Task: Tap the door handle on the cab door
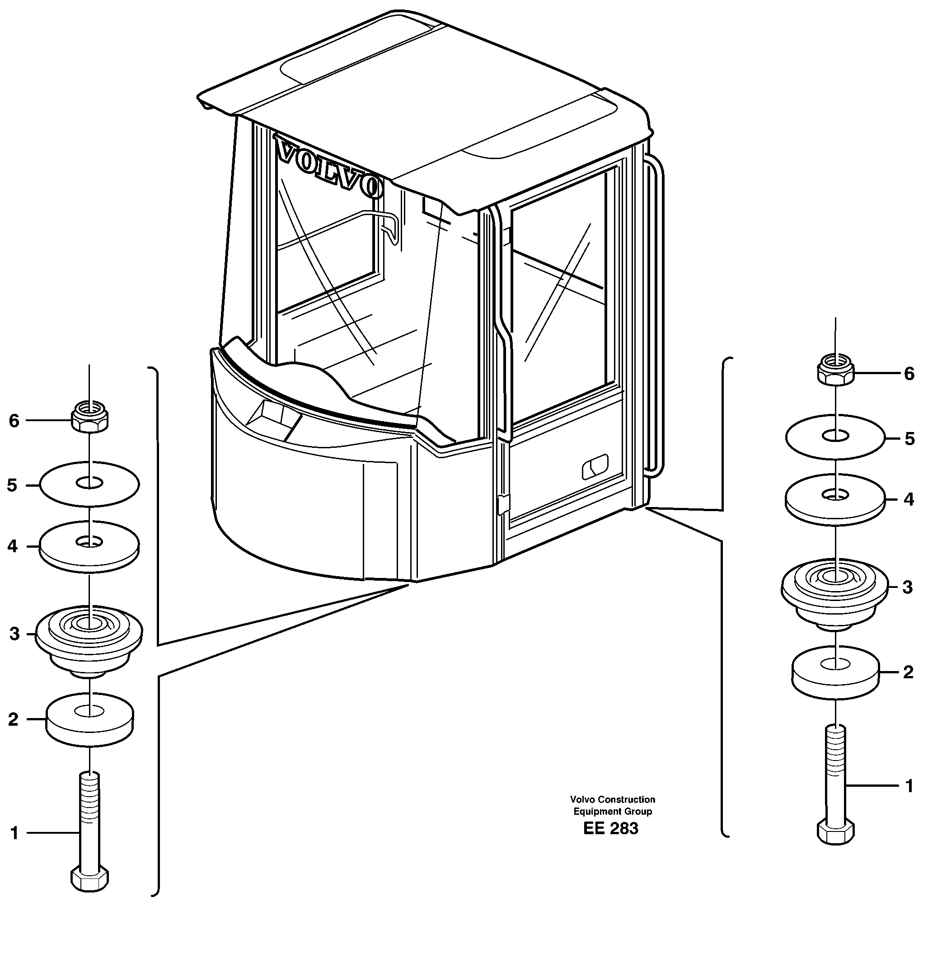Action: (x=595, y=467)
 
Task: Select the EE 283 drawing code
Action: (x=610, y=828)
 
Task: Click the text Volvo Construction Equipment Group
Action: (x=612, y=805)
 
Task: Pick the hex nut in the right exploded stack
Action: (x=836, y=373)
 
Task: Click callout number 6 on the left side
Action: (x=14, y=421)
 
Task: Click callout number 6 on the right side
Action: (x=909, y=374)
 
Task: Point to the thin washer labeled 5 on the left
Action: (x=89, y=484)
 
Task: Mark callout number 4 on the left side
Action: (x=13, y=546)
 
